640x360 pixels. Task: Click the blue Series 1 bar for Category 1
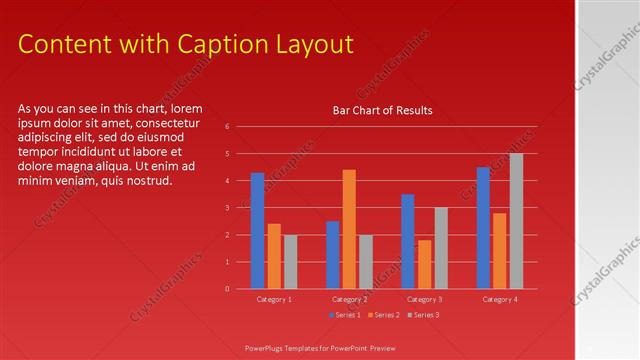pos(257,230)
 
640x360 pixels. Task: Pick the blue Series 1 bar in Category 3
pos(408,241)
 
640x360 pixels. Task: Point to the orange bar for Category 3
pos(424,264)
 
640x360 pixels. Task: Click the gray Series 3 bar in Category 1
pos(290,261)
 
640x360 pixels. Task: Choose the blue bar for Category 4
pos(483,227)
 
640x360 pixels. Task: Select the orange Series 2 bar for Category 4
pos(500,250)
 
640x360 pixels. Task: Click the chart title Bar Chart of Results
pos(382,111)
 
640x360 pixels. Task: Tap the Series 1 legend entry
pos(345,315)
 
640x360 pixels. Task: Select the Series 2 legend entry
pos(384,315)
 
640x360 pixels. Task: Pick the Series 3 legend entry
pos(423,315)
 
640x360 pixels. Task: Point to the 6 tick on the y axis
pos(228,127)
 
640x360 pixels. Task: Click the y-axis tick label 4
pos(228,181)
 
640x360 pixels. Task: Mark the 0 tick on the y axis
pos(228,289)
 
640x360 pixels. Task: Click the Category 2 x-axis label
pos(349,299)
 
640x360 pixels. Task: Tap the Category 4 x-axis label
pos(499,299)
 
